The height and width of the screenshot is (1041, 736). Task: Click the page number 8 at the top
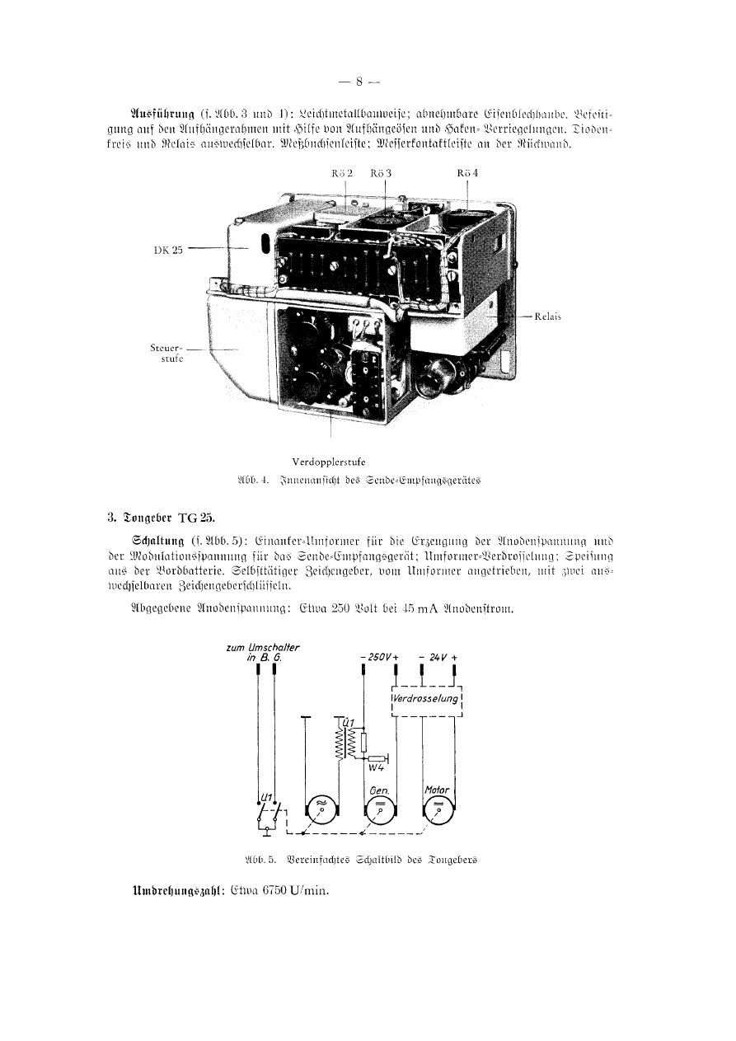tap(359, 81)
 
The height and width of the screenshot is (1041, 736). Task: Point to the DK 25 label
tap(168, 251)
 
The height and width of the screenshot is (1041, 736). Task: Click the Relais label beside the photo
tap(547, 315)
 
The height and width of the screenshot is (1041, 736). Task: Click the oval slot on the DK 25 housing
tap(265, 246)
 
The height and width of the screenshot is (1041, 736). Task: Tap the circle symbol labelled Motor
tap(437, 812)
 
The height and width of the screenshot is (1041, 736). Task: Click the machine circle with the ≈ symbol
tap(322, 812)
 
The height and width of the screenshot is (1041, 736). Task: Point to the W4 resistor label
tap(377, 770)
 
